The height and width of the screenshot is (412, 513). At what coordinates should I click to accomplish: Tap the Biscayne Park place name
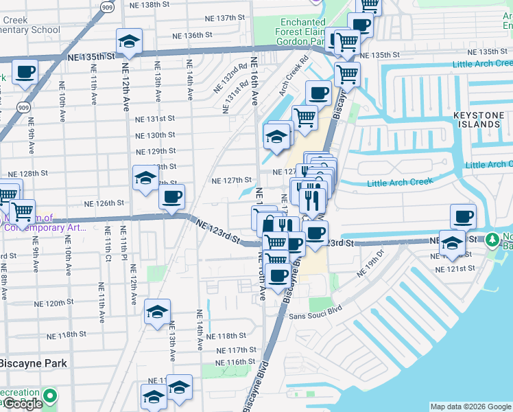point(34,363)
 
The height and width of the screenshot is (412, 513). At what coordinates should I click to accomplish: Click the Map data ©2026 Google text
point(470,407)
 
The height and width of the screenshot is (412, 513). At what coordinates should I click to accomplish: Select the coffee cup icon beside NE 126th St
point(171,198)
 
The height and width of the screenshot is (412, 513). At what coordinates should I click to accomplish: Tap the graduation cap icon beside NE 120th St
point(157,312)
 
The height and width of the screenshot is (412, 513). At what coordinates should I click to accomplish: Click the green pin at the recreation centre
point(49,396)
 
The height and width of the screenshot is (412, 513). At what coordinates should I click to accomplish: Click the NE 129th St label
point(156,151)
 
